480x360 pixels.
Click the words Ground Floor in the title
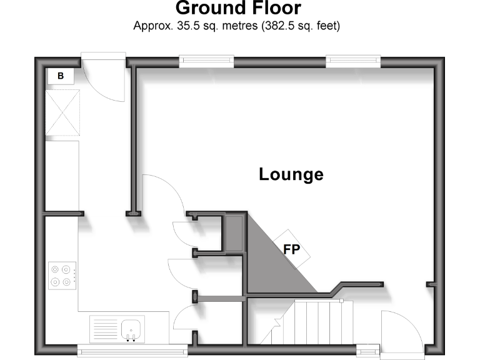click(238, 8)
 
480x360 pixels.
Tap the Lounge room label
click(291, 174)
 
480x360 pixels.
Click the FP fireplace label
click(291, 249)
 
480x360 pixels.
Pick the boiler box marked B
click(61, 76)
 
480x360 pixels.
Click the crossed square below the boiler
click(63, 112)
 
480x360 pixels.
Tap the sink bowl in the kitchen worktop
click(132, 327)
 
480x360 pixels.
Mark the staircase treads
click(319, 321)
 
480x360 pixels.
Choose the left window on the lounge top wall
click(206, 61)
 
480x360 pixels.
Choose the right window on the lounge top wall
click(354, 61)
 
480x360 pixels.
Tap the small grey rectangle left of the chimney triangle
click(235, 233)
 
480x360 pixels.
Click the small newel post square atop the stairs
click(341, 301)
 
